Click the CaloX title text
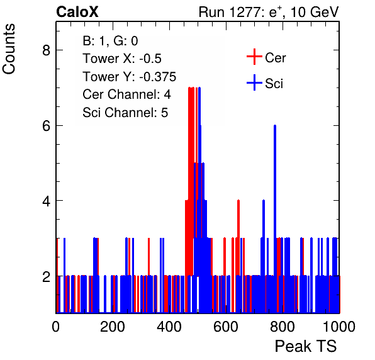(x=77, y=12)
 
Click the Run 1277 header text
(x=269, y=12)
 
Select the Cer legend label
(x=275, y=58)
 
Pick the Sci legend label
(x=274, y=83)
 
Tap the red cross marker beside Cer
(x=254, y=57)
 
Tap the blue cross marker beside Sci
(x=254, y=82)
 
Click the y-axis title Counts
(x=9, y=49)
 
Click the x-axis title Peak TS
(x=306, y=346)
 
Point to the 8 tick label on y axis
(x=47, y=50)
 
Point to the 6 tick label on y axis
(x=47, y=125)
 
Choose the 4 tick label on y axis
(x=47, y=201)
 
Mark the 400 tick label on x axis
(x=169, y=327)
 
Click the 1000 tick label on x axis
(x=339, y=327)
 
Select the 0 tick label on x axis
(x=56, y=327)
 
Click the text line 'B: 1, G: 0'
(x=110, y=41)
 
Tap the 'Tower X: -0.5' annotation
(x=122, y=59)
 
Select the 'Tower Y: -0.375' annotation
(x=130, y=77)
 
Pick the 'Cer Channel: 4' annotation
(x=126, y=94)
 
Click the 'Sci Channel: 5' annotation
(x=125, y=113)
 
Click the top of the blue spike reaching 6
(x=275, y=125)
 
